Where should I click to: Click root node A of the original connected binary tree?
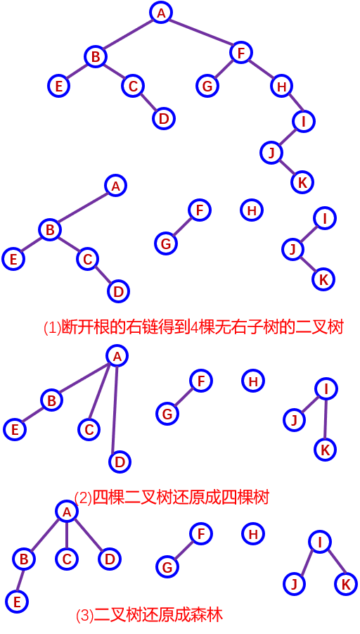[161, 13]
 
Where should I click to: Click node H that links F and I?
[282, 86]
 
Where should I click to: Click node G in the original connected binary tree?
[207, 86]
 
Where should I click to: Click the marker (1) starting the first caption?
[53, 327]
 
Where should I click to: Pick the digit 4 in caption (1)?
[193, 327]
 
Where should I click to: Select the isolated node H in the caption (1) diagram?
[252, 210]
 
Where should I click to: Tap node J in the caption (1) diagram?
[293, 250]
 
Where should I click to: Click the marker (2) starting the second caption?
[84, 497]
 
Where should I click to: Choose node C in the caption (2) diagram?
[89, 429]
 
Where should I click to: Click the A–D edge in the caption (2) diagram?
[116, 409]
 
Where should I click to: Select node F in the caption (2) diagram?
[201, 381]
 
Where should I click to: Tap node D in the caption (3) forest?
[110, 559]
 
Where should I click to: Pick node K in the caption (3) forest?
[346, 584]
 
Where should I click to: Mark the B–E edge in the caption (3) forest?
[20, 581]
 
